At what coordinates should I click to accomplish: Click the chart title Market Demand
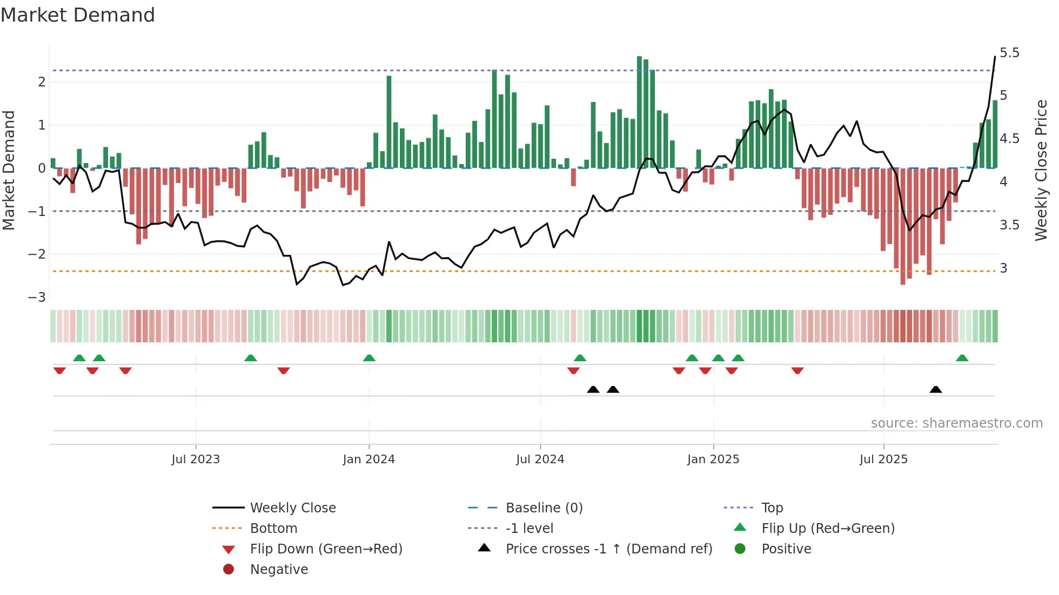78,15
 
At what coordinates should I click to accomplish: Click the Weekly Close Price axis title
1041,170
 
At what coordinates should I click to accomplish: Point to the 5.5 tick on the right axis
1009,53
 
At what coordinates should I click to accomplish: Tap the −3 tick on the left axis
37,297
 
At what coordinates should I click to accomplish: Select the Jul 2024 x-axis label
540,459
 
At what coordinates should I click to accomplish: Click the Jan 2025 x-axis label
713,459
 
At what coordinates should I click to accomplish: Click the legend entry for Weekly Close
293,508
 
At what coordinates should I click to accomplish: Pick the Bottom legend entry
273,529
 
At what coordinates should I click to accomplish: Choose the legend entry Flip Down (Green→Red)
326,549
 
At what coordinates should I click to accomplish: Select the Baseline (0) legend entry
544,508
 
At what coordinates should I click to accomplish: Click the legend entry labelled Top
772,508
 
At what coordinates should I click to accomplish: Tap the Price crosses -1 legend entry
609,549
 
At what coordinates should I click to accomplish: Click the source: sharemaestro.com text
956,423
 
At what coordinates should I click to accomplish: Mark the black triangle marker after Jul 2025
936,389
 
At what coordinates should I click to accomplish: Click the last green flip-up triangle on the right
962,358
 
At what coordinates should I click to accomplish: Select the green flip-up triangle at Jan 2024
369,358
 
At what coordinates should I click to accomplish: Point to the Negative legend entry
279,570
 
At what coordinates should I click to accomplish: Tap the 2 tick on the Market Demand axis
42,82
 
